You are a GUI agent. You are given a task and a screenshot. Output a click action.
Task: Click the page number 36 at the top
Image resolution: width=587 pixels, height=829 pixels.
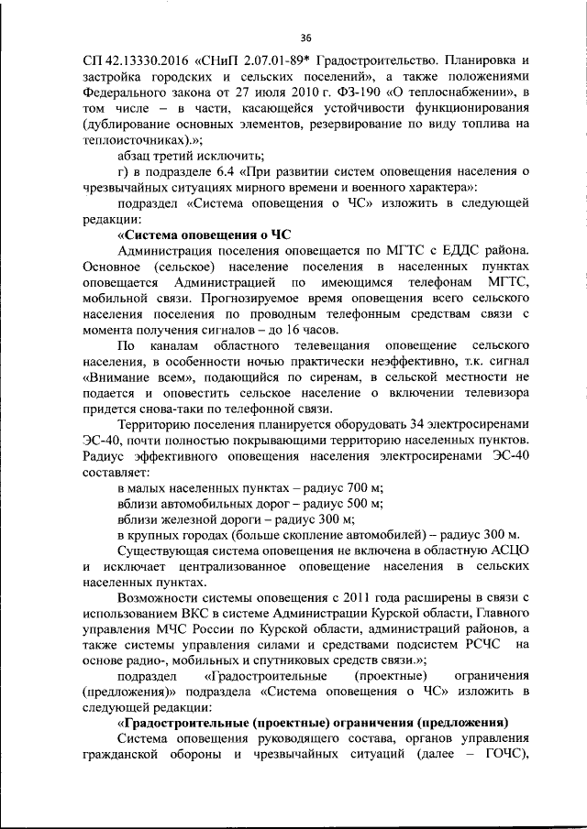click(306, 38)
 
